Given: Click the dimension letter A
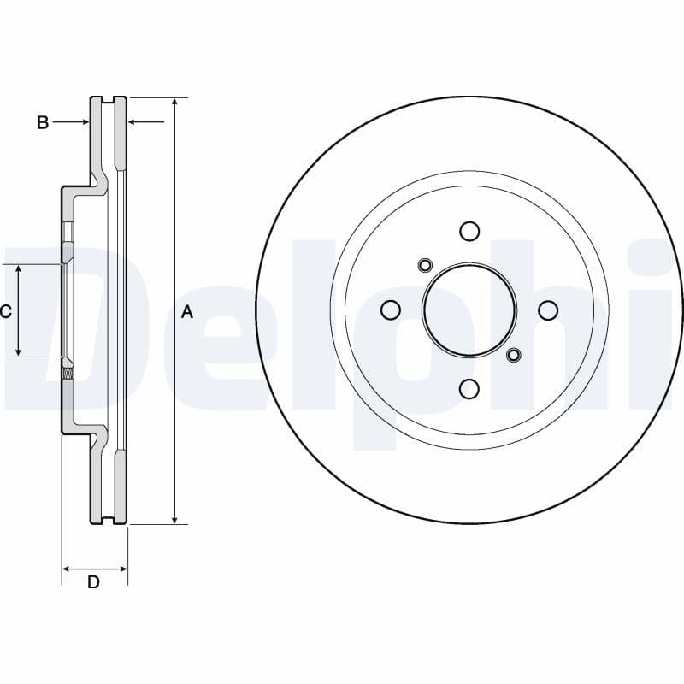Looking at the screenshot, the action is pyautogui.click(x=186, y=312).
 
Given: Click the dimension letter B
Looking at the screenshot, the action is pyautogui.click(x=42, y=122).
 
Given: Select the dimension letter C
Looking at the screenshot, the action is pyautogui.click(x=6, y=311).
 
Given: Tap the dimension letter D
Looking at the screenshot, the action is pyautogui.click(x=93, y=582).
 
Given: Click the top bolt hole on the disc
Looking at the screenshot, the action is pyautogui.click(x=469, y=231).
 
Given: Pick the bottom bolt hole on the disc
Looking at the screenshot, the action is pyautogui.click(x=469, y=389).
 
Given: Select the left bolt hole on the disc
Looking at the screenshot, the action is pyautogui.click(x=391, y=310).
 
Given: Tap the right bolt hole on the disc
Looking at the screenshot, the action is pyautogui.click(x=548, y=310).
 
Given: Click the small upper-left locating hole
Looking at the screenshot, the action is pyautogui.click(x=424, y=265).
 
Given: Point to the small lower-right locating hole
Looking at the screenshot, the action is pyautogui.click(x=514, y=354).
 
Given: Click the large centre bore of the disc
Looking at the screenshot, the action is pyautogui.click(x=469, y=310).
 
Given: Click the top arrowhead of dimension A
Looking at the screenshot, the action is pyautogui.click(x=174, y=102).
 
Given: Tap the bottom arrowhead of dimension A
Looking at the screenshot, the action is pyautogui.click(x=174, y=520).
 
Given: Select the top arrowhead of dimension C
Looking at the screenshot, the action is pyautogui.click(x=18, y=268).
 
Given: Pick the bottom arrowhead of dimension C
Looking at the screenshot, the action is pyautogui.click(x=18, y=351).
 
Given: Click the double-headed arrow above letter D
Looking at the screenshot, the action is pyautogui.click(x=95, y=569).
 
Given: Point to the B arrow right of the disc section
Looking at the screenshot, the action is pyautogui.click(x=146, y=121).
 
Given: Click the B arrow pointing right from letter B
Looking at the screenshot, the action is pyautogui.click(x=71, y=122).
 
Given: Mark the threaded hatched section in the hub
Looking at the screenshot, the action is pyautogui.click(x=68, y=374).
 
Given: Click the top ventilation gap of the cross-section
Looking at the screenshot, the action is pyautogui.click(x=108, y=99).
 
